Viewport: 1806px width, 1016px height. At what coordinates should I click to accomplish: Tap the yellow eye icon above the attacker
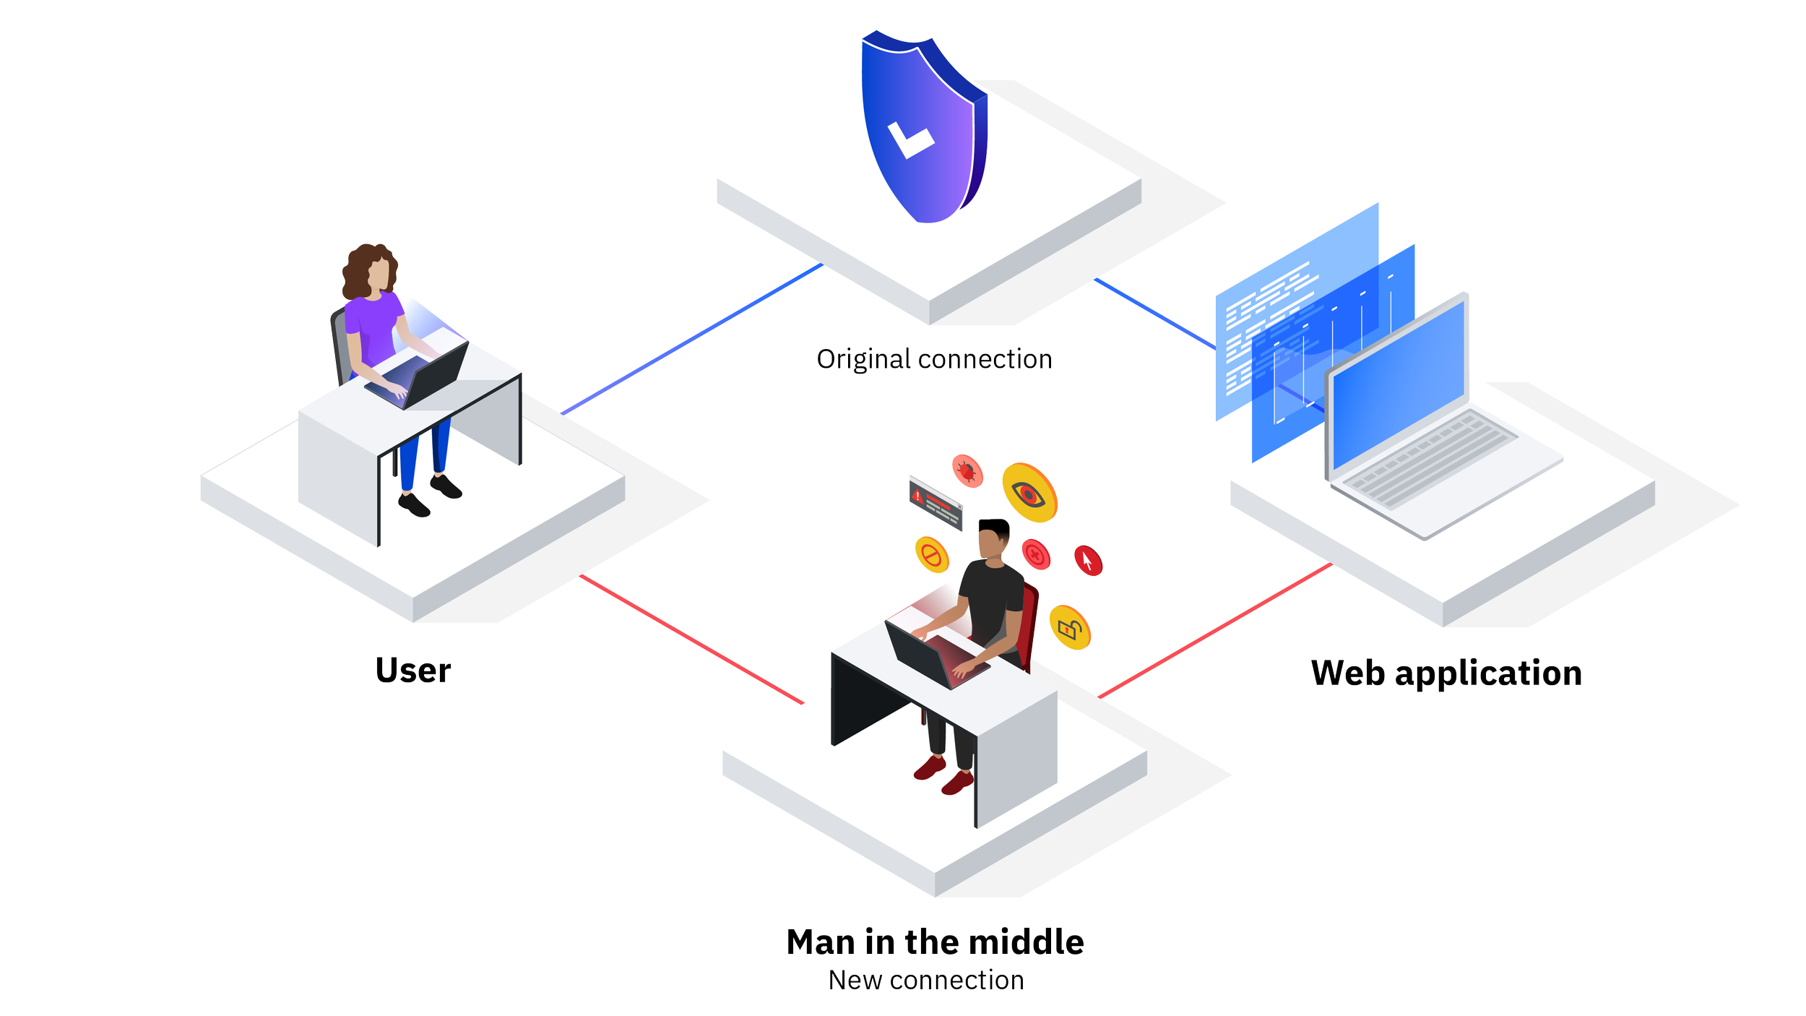1029,493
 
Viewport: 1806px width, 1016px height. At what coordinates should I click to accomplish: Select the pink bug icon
967,472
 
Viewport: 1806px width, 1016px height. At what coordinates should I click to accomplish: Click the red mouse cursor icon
1088,560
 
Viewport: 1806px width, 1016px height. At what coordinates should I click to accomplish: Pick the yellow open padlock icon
1070,628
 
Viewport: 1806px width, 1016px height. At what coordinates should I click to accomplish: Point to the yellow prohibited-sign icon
932,555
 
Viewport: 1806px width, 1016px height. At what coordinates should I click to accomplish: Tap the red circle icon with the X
1036,554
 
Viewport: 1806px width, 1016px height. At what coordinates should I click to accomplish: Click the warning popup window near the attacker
936,502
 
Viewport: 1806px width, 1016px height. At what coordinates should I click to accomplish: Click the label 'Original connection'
934,360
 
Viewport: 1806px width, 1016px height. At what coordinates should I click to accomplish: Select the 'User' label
412,671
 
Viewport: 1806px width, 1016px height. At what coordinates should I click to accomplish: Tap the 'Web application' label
1446,673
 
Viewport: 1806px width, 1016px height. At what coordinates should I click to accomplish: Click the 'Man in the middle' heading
935,942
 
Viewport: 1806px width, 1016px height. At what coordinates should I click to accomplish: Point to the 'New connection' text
926,981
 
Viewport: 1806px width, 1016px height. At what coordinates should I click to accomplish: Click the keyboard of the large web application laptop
1430,459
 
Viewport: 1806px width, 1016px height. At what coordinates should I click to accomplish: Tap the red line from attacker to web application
1214,631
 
